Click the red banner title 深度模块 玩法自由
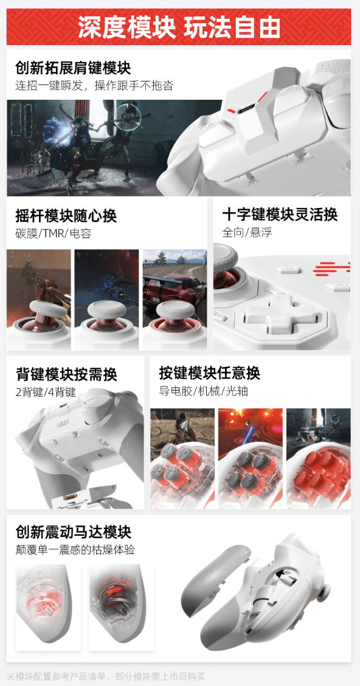pyautogui.click(x=179, y=27)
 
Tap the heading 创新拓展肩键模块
pyautogui.click(x=73, y=68)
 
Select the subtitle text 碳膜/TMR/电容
pyautogui.click(x=53, y=234)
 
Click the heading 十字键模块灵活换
pyautogui.click(x=280, y=215)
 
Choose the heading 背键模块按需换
pyautogui.click(x=66, y=374)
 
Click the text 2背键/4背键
pyautogui.click(x=46, y=392)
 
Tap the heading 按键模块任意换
pyautogui.click(x=210, y=373)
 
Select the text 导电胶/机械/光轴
pyautogui.click(x=195, y=391)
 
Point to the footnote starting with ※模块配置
pyautogui.click(x=106, y=676)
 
